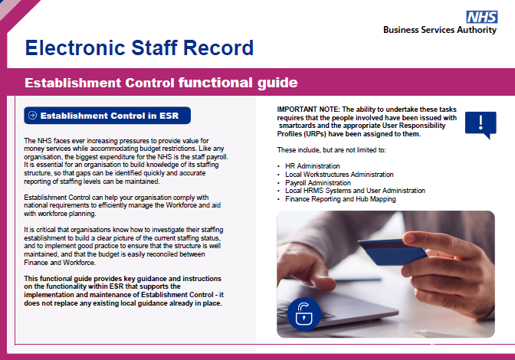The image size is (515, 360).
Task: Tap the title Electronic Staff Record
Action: click(139, 48)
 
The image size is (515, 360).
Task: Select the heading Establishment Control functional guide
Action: click(161, 82)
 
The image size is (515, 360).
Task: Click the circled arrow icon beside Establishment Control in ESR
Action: click(32, 116)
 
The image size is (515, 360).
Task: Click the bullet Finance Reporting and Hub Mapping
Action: click(340, 199)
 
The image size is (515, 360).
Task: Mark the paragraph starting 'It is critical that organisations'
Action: click(123, 245)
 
